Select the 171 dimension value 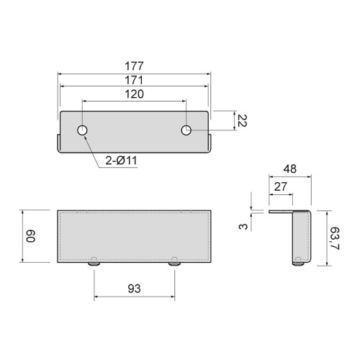coord(134,79)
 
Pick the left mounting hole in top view coord(83,130)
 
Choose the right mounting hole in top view coord(186,130)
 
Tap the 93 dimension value coord(134,289)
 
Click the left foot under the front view coord(94,264)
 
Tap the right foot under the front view coord(175,264)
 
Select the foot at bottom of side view coord(297,264)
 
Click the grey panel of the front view coord(134,236)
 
